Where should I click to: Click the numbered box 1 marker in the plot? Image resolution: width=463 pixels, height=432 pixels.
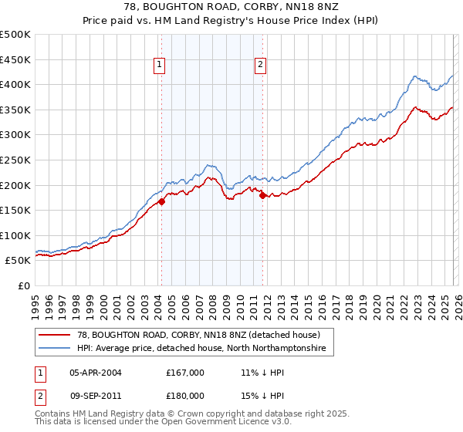point(160,66)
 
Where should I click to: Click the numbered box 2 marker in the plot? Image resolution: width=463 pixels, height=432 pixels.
point(261,66)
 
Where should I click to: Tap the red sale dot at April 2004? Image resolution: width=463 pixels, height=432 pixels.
point(162,202)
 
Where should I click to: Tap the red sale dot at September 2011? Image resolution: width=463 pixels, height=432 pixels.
point(263,195)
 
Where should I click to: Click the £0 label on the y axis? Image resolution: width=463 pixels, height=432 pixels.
point(24,285)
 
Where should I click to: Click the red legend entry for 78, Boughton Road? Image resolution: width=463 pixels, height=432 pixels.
point(204,336)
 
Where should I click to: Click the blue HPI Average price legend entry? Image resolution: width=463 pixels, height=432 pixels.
point(201,349)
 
